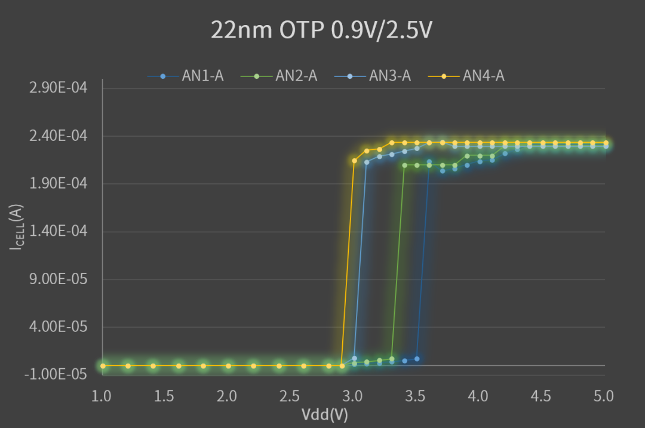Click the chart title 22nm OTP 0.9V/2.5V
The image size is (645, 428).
click(x=321, y=30)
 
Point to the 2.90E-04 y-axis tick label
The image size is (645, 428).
click(x=58, y=88)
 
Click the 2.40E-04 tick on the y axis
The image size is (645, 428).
click(x=58, y=136)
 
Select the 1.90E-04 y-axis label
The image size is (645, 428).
click(x=58, y=184)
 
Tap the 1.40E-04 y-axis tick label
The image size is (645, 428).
click(x=58, y=232)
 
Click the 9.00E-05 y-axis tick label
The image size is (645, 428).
click(x=58, y=279)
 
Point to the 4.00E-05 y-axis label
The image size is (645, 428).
click(x=58, y=327)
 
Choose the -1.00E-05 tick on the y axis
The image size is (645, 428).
click(x=56, y=375)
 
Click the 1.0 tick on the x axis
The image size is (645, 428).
click(x=102, y=396)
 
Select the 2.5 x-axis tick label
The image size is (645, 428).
click(x=290, y=396)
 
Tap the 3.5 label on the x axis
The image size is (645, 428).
click(x=416, y=396)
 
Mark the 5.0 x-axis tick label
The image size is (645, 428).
click(x=604, y=396)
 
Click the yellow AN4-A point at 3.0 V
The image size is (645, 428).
click(x=354, y=161)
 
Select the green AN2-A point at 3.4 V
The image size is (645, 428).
click(x=404, y=165)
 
